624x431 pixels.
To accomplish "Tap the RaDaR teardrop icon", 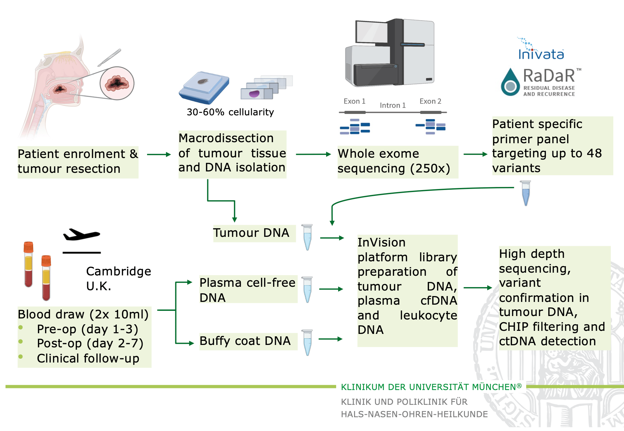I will coord(510,83).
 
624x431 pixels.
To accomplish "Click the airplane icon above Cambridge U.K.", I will coord(81,235).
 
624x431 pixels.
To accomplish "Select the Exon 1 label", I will coord(354,101).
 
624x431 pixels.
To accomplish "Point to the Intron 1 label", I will coord(393,105).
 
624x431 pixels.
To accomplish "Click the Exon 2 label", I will coord(430,101).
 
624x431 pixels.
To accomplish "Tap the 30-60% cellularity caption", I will coord(230,112).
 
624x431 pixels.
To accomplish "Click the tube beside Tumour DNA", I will coord(307,237).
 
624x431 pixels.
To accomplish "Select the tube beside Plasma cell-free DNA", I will coord(307,289).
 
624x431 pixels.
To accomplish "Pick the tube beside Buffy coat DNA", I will coord(307,342).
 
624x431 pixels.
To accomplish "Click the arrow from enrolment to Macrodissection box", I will coord(159,155).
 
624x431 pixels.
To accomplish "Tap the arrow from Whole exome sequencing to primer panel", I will coord(475,154).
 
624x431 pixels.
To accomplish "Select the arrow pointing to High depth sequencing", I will coord(478,287).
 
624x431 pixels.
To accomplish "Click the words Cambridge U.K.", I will coord(118,278).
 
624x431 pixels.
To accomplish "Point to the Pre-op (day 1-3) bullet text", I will coord(87,329).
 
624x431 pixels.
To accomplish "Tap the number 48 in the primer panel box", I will coord(594,153).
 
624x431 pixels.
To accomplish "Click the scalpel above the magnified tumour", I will coord(109,57).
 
